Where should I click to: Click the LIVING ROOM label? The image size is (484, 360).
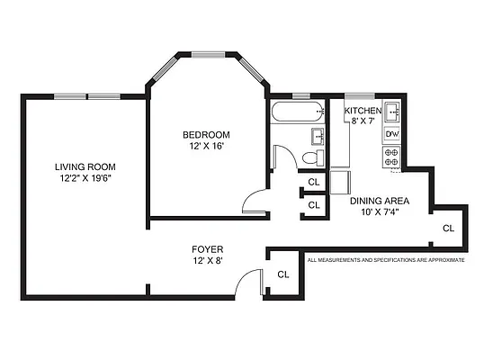tap(85, 166)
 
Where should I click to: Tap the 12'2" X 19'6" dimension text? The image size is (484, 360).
tap(85, 178)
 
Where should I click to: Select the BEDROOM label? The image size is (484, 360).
tap(209, 135)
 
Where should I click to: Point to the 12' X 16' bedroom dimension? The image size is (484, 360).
tap(209, 147)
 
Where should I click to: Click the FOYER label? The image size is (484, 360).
tap(207, 249)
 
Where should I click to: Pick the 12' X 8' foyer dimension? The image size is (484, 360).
tap(207, 261)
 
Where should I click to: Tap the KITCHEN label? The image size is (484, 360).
tap(363, 111)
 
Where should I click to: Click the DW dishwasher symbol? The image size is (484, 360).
tap(391, 134)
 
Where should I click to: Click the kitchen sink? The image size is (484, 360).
tap(391, 114)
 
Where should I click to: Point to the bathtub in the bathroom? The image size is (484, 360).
tap(296, 114)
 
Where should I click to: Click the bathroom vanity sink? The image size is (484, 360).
tap(317, 136)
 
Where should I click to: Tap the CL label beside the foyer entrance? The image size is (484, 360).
tap(282, 274)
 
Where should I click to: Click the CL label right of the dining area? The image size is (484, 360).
tap(448, 229)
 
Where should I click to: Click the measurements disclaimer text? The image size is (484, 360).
tap(386, 260)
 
